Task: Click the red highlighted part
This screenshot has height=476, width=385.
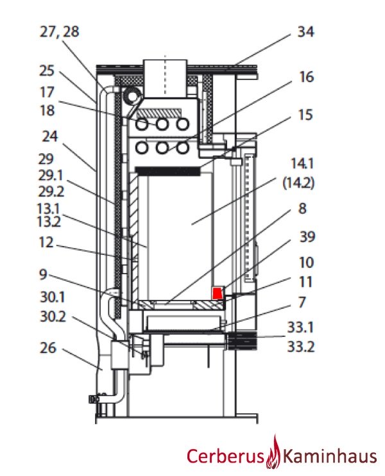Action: pyautogui.click(x=218, y=293)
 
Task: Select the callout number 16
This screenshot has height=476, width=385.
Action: pyautogui.click(x=306, y=77)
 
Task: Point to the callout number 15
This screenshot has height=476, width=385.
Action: pyautogui.click(x=306, y=115)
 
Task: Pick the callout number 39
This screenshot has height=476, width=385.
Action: pyautogui.click(x=306, y=237)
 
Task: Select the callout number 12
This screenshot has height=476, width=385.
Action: pyautogui.click(x=47, y=243)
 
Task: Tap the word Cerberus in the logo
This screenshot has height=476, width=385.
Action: pyautogui.click(x=225, y=456)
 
